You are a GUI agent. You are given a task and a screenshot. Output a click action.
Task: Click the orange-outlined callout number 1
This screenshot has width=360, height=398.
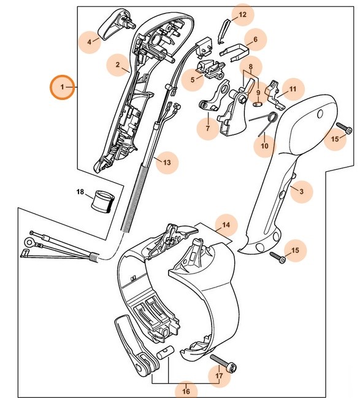[62, 88]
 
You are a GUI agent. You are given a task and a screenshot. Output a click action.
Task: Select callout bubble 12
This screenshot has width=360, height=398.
[242, 14]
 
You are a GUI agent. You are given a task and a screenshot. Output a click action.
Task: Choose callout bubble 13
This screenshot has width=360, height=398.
[166, 163]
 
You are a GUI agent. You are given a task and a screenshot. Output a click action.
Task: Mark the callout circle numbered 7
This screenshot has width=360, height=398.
[207, 129]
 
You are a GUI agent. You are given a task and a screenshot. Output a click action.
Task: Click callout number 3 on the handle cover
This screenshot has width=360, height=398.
[301, 191]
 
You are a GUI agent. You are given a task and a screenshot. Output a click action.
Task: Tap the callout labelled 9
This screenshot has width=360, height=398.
[258, 93]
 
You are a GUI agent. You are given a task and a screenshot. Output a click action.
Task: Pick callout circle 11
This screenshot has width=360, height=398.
[293, 90]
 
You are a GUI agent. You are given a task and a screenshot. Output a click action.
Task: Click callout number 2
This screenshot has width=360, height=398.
[117, 64]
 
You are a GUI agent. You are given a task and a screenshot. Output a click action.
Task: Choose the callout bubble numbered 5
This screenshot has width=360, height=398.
[192, 78]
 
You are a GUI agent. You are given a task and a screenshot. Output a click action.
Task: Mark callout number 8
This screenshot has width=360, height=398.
[250, 66]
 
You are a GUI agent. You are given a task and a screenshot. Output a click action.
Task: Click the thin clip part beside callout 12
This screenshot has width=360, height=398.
[224, 28]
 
